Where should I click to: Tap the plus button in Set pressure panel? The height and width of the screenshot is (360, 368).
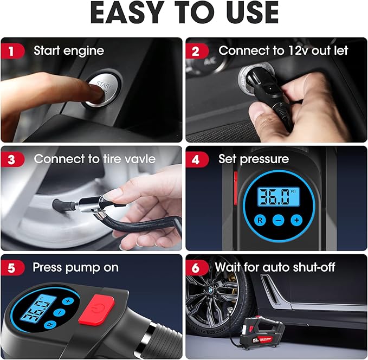coord(296,220)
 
